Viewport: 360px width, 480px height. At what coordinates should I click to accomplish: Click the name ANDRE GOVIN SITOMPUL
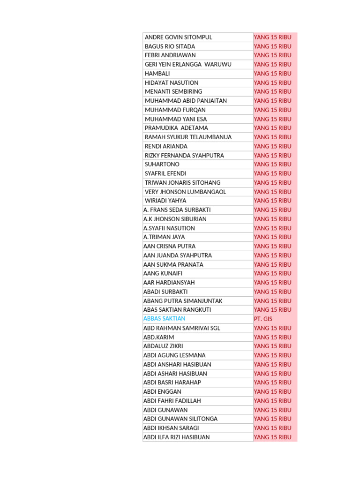178,37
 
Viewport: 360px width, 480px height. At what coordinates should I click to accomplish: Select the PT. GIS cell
262,319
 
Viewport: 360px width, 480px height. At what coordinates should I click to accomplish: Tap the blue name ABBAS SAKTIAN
164,319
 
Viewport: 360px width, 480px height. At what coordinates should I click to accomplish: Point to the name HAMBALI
157,74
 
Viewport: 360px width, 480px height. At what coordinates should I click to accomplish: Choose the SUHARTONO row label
162,165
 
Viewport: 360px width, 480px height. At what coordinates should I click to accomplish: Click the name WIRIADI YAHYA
165,201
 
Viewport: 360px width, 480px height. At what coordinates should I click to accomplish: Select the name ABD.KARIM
158,337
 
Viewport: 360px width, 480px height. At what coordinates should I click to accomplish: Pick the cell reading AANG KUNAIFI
163,273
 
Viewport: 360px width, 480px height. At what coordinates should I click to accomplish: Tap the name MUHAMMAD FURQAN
175,110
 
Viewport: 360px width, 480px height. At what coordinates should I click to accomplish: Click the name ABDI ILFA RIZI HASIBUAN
176,437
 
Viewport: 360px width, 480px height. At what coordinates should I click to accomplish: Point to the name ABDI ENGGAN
162,391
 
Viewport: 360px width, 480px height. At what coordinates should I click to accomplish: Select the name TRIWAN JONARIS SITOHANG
182,183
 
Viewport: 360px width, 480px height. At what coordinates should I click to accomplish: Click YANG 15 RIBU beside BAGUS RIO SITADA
272,46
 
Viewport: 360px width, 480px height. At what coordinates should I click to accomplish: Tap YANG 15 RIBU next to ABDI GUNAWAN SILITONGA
272,419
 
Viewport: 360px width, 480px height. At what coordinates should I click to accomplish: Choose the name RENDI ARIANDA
166,146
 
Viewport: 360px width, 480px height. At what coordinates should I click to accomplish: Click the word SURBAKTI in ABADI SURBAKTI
174,292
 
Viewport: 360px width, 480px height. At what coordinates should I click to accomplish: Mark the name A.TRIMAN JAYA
164,237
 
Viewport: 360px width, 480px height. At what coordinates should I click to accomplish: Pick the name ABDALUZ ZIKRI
163,346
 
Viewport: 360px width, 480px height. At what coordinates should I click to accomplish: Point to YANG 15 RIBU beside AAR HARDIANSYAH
272,283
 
